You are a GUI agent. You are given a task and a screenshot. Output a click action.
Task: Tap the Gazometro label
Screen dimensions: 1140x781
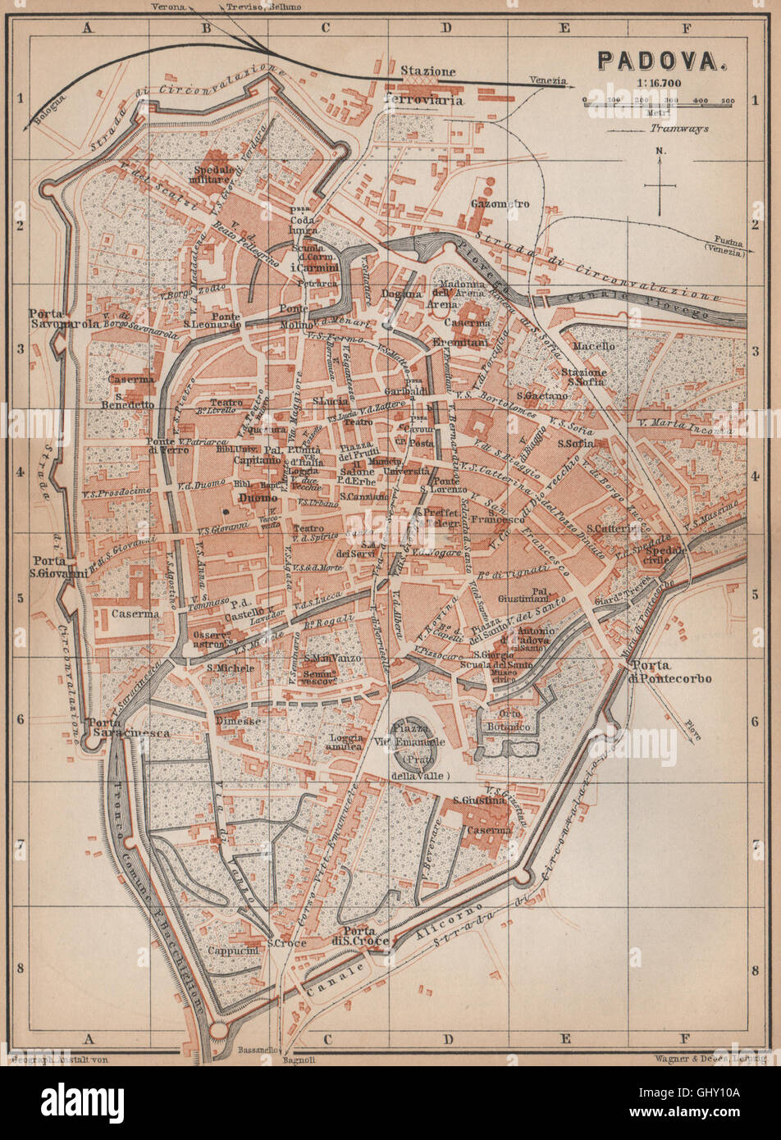500,203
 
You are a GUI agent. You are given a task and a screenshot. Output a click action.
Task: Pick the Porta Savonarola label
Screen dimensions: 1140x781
64,318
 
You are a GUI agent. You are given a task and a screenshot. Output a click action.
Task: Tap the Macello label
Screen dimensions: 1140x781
593,347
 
